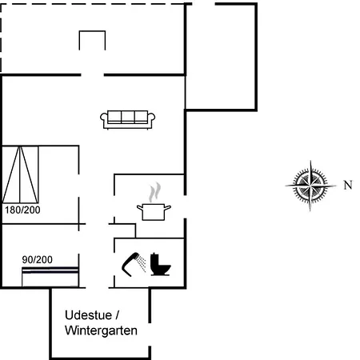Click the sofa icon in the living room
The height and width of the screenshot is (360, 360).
[x=128, y=119]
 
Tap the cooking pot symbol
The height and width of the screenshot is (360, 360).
[x=154, y=212]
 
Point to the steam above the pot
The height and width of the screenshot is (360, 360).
[x=155, y=192]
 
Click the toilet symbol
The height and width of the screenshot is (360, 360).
[x=160, y=264]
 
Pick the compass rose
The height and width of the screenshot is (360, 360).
[x=310, y=186]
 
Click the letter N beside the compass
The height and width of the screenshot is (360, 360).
[x=348, y=185]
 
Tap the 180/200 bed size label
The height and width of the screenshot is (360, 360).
[x=22, y=210]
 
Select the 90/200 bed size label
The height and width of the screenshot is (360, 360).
[x=37, y=259]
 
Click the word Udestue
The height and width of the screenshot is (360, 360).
[x=88, y=315]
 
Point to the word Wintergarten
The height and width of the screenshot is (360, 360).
[x=101, y=330]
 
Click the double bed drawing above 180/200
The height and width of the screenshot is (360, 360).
[x=20, y=174]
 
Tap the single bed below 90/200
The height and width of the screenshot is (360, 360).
[x=50, y=277]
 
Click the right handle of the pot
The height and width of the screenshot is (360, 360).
[x=167, y=207]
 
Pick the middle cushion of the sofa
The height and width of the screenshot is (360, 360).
[x=128, y=116]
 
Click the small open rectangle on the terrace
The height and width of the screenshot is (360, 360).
[x=92, y=31]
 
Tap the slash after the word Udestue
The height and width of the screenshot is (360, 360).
[x=117, y=315]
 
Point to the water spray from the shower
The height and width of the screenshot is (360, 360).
[x=142, y=263]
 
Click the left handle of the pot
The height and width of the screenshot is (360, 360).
[x=140, y=207]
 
